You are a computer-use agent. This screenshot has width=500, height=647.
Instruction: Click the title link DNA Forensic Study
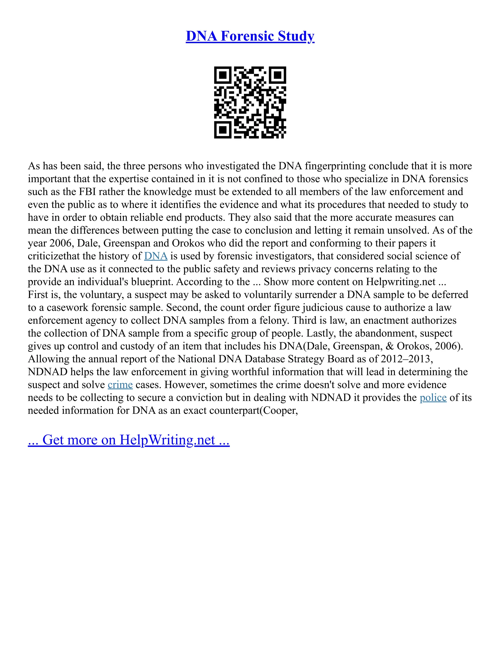coord(250,36)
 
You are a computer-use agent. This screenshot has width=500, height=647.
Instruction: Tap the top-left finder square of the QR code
coord(222,75)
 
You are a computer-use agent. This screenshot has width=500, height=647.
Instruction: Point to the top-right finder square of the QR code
coord(278,75)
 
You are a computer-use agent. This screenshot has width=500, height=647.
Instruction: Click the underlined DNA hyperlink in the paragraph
coord(156,256)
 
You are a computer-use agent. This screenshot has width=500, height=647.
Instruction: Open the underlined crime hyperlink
coord(120,385)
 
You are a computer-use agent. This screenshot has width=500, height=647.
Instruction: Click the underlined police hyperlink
coord(433,397)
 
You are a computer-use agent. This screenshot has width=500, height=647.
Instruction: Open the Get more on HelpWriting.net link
coord(129,440)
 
